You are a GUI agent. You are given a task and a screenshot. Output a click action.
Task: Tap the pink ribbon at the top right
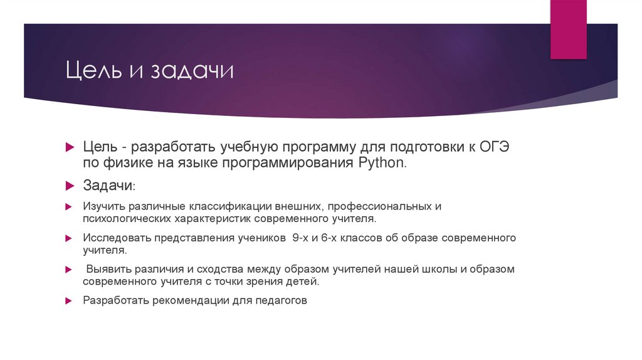point(569,29)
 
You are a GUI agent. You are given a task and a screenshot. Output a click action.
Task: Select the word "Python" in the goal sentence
point(382,164)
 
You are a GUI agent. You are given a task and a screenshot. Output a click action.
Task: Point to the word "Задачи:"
point(108,186)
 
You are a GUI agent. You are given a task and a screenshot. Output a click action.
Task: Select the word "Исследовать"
point(116,238)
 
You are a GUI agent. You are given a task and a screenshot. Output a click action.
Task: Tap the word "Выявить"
point(108,269)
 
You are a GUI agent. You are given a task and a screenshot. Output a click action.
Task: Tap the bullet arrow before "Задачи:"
point(70,186)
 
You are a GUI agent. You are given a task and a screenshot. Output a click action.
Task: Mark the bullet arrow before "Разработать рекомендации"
point(69,300)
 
